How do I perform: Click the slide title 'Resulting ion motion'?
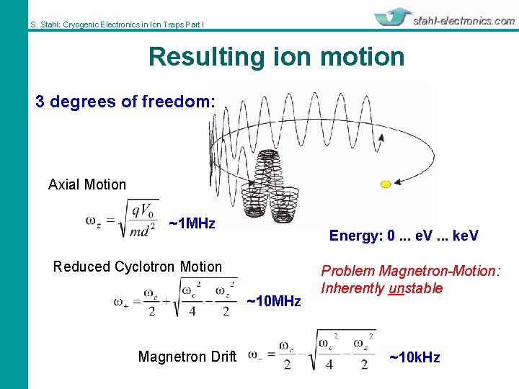click(276, 57)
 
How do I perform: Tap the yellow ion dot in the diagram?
click(386, 184)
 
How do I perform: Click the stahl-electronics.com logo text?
click(464, 21)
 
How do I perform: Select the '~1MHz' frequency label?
click(192, 223)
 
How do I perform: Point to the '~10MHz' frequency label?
click(274, 301)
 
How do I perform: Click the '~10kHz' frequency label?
click(414, 357)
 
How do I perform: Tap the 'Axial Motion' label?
click(87, 184)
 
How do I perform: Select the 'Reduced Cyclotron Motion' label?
click(138, 267)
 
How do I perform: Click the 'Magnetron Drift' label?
click(187, 357)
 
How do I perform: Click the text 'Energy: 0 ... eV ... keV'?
click(404, 236)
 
